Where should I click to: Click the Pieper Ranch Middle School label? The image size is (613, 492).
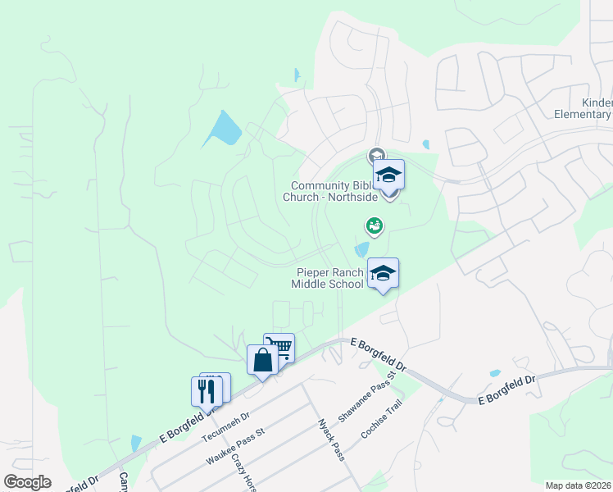coord(327,278)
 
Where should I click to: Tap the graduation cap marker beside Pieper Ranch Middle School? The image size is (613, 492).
coord(383,272)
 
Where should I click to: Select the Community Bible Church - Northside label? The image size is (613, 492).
coord(342,191)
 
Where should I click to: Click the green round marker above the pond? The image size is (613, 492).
coord(374,224)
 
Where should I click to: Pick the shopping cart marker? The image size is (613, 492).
coord(279,348)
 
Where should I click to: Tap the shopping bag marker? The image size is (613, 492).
coord(262,360)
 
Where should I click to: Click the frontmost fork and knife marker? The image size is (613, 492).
coord(207,390)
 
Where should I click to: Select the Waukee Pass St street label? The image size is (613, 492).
coord(236,446)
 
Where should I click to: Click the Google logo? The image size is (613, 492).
coord(27,482)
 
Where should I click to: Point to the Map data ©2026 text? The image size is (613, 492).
coord(578,485)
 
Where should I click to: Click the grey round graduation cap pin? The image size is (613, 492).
coord(376,155)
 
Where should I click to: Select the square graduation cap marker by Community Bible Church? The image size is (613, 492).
coord(389,175)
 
